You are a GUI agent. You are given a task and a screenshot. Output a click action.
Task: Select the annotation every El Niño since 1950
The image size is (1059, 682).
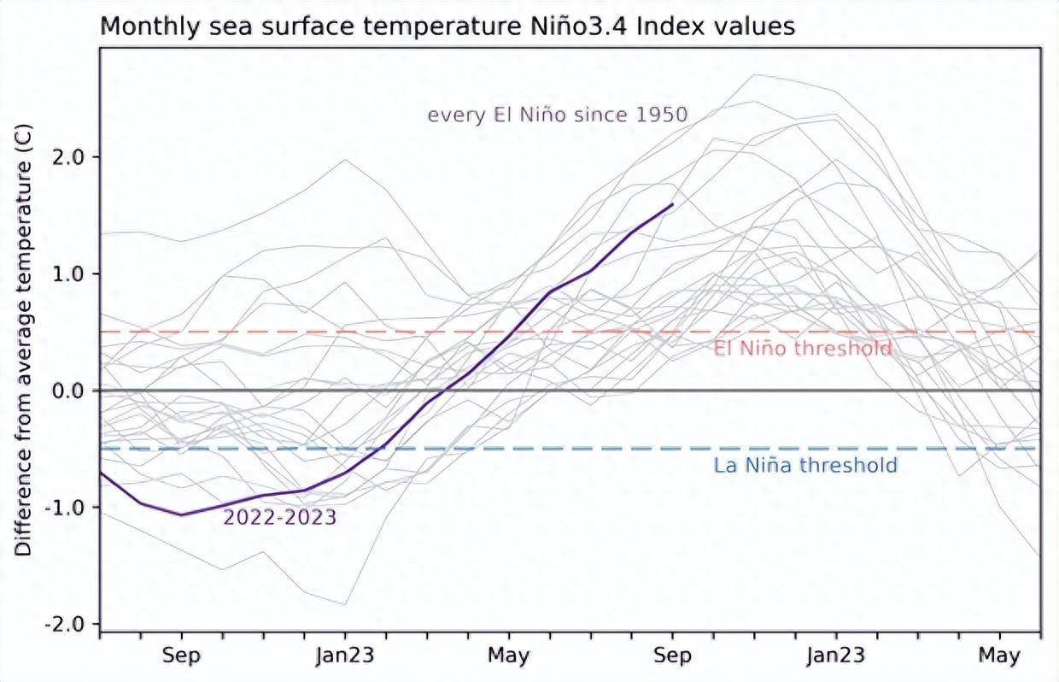click(x=557, y=115)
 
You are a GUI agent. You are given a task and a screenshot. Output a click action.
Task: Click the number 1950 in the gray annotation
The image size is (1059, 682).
click(x=659, y=115)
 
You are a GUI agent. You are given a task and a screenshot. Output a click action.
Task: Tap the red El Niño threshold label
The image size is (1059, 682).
click(x=803, y=349)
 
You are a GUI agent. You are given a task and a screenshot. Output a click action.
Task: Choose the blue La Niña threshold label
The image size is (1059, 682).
click(x=805, y=466)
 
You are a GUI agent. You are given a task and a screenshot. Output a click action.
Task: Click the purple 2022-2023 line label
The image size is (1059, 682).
click(x=279, y=517)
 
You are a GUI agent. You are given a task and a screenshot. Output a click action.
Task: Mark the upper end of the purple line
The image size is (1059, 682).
click(x=673, y=204)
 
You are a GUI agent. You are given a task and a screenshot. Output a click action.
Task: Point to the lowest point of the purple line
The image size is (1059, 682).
click(x=181, y=514)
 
